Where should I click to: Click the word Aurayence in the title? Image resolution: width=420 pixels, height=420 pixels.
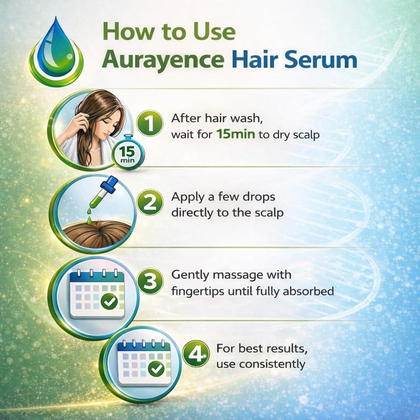click(x=163, y=59)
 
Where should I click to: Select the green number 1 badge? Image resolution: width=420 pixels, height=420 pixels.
click(x=150, y=124)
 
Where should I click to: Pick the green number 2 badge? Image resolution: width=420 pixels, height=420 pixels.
click(x=150, y=203)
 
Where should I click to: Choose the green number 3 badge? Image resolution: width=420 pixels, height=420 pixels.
click(x=150, y=281)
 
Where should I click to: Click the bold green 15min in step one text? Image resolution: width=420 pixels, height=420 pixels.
click(x=236, y=134)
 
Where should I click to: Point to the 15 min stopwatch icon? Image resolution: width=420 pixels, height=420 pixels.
click(x=128, y=153)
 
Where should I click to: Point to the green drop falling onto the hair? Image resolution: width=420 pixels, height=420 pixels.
click(x=89, y=220)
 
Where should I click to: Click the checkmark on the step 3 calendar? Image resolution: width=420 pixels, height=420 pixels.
click(x=109, y=301)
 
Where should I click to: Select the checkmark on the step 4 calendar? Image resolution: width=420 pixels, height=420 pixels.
click(x=156, y=369)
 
